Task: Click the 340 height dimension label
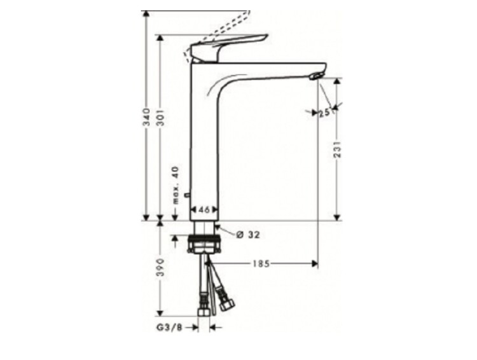pyautogui.click(x=147, y=117)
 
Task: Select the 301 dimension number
pyautogui.click(x=161, y=117)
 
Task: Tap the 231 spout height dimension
pyautogui.click(x=337, y=149)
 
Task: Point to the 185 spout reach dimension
pyautogui.click(x=261, y=263)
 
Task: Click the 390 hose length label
pyautogui.click(x=160, y=267)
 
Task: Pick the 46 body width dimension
pyautogui.click(x=204, y=209)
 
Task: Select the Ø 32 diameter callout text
pyautogui.click(x=248, y=235)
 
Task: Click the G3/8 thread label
pyautogui.click(x=169, y=328)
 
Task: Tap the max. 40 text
pyautogui.click(x=176, y=185)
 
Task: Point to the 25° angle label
pyautogui.click(x=325, y=113)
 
